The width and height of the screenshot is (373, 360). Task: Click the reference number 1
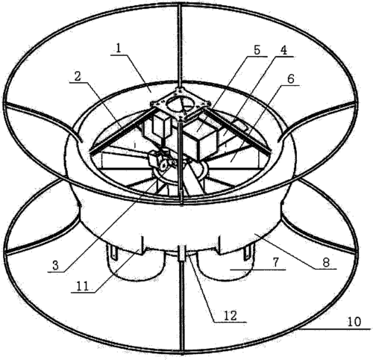click(118, 49)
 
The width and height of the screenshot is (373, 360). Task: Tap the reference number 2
click(78, 77)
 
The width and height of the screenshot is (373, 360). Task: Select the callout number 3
click(55, 266)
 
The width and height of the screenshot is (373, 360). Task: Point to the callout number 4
click(283, 51)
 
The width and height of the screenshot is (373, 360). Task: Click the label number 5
click(257, 50)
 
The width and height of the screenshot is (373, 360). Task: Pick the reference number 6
click(290, 79)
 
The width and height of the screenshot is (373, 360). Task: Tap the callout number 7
click(275, 263)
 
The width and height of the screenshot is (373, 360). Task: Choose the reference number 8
click(326, 262)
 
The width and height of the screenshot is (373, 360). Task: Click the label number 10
click(354, 322)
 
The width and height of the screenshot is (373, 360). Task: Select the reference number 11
click(82, 287)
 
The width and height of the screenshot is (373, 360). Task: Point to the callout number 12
click(231, 316)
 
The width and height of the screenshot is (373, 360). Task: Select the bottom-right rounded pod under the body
click(226, 263)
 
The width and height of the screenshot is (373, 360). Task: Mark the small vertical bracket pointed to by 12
click(182, 253)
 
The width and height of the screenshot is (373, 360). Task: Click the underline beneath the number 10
click(335, 329)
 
